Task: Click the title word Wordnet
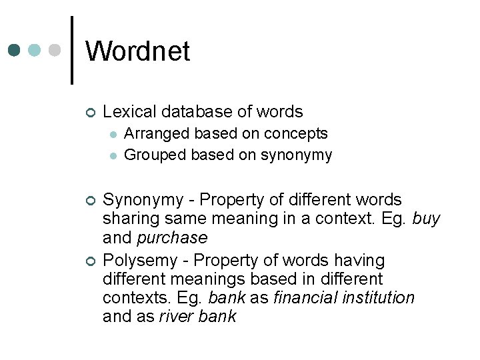pyautogui.click(x=137, y=51)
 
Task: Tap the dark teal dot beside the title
pyautogui.click(x=15, y=50)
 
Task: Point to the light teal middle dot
pyautogui.click(x=35, y=50)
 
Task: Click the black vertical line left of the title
pyautogui.click(x=72, y=50)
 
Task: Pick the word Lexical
pyautogui.click(x=129, y=112)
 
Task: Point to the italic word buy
pyautogui.click(x=426, y=219)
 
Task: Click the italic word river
pyautogui.click(x=175, y=317)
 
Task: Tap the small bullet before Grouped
pyautogui.click(x=114, y=156)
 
